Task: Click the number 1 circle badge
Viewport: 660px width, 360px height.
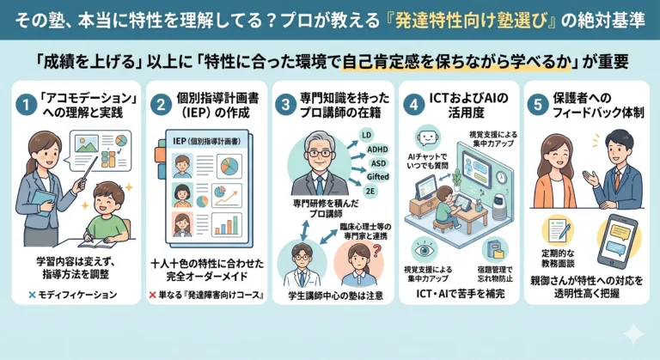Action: point(26,105)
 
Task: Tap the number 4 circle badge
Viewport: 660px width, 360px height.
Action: point(413,105)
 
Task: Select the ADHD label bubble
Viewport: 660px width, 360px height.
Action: point(377,149)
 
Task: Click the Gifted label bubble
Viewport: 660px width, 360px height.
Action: point(377,177)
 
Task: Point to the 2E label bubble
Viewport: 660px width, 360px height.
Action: point(370,191)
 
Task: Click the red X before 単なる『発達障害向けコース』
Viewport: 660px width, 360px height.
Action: point(152,295)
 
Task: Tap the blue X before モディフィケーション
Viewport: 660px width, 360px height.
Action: point(32,295)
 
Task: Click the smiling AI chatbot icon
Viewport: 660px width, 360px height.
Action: point(427,137)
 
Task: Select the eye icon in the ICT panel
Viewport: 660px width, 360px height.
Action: point(424,250)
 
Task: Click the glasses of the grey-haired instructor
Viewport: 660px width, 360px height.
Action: point(320,153)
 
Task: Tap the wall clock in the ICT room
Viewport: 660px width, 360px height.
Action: point(501,177)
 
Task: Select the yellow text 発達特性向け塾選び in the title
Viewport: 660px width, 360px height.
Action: point(469,21)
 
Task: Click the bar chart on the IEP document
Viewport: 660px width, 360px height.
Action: point(227,224)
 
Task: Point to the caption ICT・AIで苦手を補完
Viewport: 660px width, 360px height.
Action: point(461,294)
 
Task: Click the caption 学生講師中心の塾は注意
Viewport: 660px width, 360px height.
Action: point(336,296)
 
